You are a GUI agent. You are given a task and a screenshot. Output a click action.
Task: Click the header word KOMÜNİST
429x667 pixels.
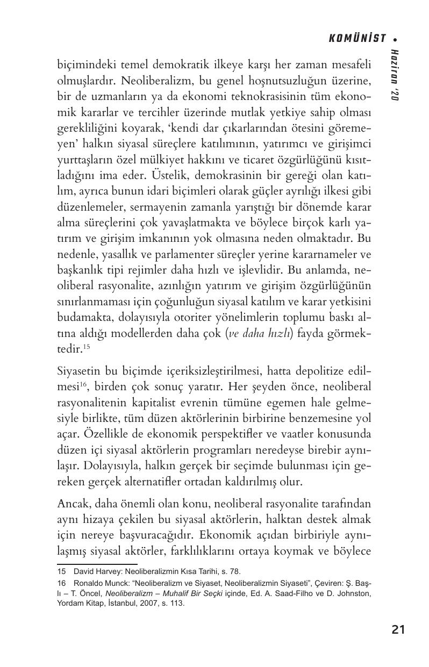[357, 38]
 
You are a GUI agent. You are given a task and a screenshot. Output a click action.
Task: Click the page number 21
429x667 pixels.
[398, 630]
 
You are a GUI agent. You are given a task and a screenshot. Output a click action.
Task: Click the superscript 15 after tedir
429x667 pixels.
[85, 346]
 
